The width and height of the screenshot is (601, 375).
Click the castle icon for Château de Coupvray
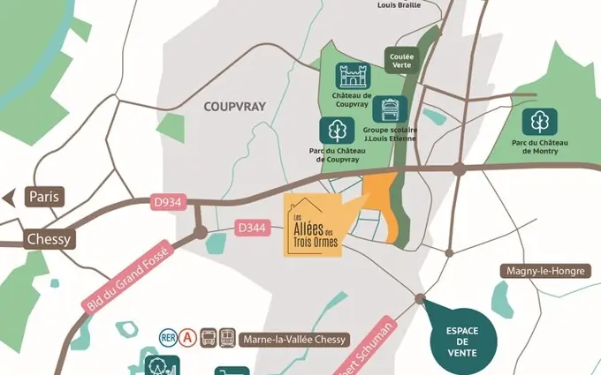(351, 76)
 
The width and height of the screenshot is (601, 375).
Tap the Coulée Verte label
(401, 61)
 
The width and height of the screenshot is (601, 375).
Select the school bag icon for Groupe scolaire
(390, 110)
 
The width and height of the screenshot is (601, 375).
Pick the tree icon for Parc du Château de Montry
(539, 122)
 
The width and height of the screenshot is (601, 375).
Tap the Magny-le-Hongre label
(545, 271)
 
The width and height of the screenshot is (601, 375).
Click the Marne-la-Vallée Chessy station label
(296, 340)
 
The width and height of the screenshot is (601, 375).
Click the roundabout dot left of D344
(201, 233)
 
